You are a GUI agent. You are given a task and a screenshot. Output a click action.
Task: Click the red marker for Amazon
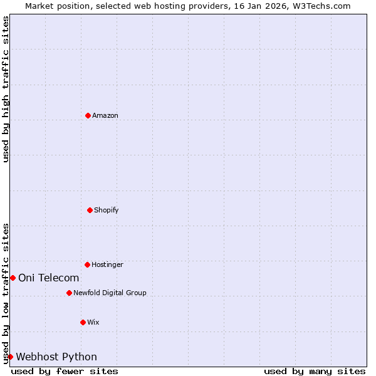(88, 115)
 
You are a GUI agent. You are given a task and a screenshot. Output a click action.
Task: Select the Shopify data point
(90, 210)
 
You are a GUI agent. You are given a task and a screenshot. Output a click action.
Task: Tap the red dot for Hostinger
(87, 264)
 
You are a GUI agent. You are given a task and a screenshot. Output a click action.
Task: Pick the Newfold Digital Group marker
(69, 293)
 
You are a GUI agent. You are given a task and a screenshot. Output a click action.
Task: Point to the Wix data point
(83, 322)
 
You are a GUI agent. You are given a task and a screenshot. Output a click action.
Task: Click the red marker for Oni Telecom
(13, 278)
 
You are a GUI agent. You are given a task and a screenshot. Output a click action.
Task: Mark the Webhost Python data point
(10, 357)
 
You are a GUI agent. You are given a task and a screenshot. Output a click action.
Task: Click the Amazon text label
(105, 115)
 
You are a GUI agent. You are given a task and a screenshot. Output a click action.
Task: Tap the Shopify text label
(107, 210)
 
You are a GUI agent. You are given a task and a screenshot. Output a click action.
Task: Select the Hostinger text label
(107, 264)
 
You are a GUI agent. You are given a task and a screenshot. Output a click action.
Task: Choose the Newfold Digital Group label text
(110, 293)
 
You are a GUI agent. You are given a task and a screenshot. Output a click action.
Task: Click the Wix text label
(93, 322)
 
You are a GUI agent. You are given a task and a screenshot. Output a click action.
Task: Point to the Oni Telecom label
(49, 278)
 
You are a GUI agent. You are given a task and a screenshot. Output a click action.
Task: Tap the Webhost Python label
(56, 357)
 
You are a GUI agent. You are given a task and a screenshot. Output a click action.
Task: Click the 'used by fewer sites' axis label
(65, 371)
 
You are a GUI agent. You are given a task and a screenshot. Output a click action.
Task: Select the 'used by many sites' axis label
(315, 371)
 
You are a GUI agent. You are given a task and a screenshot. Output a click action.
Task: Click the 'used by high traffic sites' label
(6, 89)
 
